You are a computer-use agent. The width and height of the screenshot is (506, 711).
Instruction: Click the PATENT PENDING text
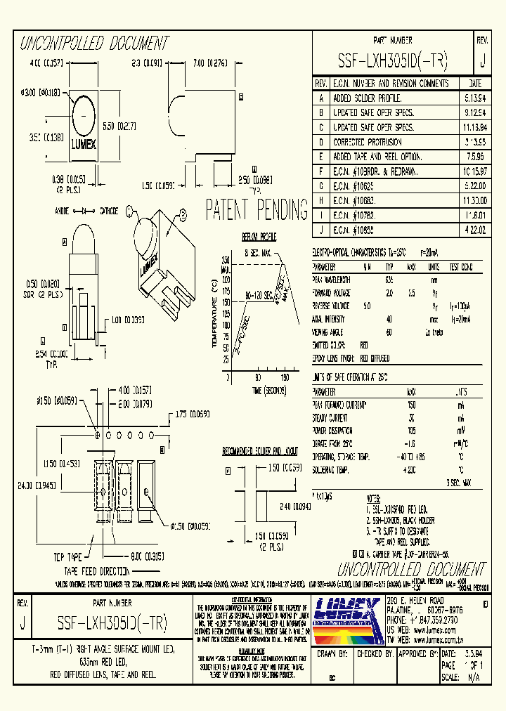tap(257, 209)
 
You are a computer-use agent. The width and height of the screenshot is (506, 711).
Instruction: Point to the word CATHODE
tap(109, 210)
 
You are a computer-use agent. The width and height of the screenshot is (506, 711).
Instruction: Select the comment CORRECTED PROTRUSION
tap(367, 142)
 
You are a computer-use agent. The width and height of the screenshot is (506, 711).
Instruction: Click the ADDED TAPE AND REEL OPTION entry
tap(378, 157)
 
